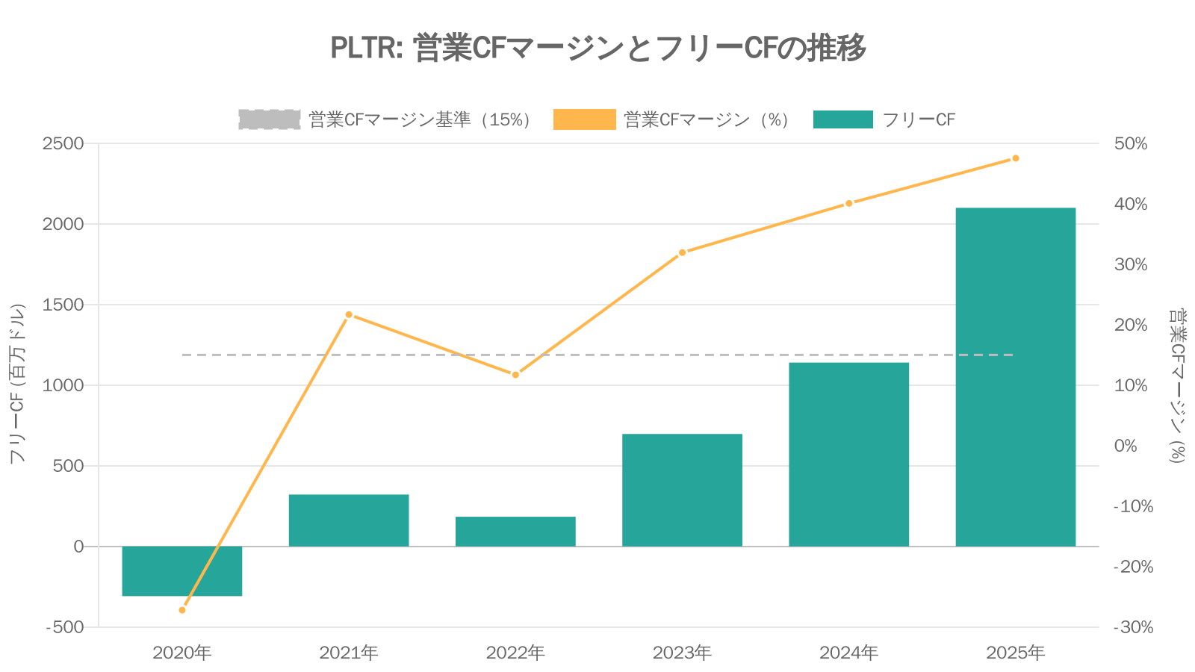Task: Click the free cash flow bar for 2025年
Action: tap(1015, 377)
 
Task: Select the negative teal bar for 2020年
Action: tap(181, 571)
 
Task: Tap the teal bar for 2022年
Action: tap(515, 532)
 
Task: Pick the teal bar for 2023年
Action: tap(682, 490)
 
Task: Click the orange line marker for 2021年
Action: tap(349, 314)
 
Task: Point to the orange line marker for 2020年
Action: tap(182, 610)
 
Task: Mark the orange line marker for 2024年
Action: tap(848, 203)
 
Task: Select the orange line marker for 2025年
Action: tap(1015, 158)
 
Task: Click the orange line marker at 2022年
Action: tap(515, 374)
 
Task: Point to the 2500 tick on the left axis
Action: tap(63, 143)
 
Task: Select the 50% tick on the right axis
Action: tap(1130, 143)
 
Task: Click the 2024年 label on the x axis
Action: tap(848, 653)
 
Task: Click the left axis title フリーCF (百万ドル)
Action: tap(17, 384)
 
